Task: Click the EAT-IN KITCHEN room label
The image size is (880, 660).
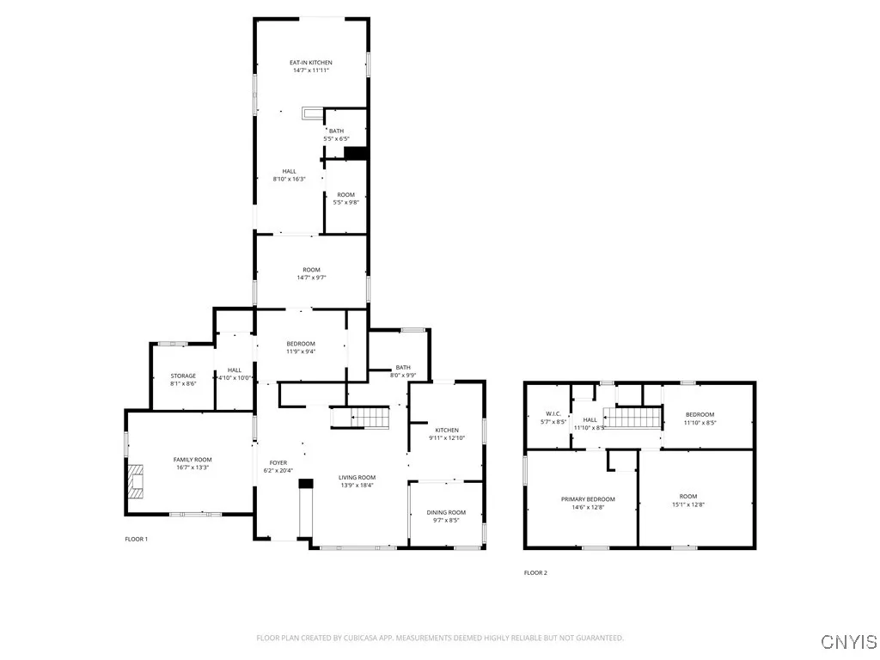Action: click(310, 63)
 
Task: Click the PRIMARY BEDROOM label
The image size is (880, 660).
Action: click(588, 499)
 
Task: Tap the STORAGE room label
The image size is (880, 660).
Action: click(182, 376)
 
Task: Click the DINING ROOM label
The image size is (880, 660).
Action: click(446, 512)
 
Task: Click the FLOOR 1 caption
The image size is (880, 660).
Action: click(137, 539)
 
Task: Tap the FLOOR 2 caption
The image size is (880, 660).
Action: click(535, 572)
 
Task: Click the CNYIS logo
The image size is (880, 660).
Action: click(848, 641)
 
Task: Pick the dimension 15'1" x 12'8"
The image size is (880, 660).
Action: click(688, 504)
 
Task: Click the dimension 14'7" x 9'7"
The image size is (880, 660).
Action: click(310, 278)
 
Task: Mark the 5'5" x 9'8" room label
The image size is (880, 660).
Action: click(345, 203)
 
